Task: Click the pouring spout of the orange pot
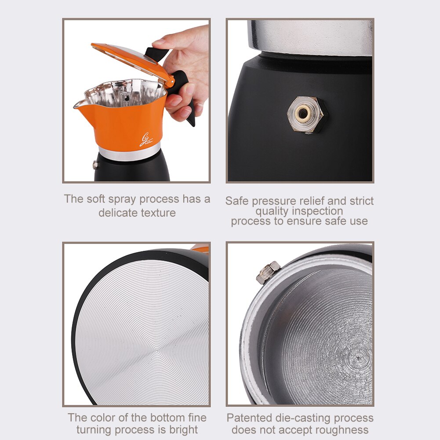coord(80,104)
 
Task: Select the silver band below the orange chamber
coord(129,153)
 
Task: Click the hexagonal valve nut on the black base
coord(306,116)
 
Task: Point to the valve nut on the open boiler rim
coord(268,273)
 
